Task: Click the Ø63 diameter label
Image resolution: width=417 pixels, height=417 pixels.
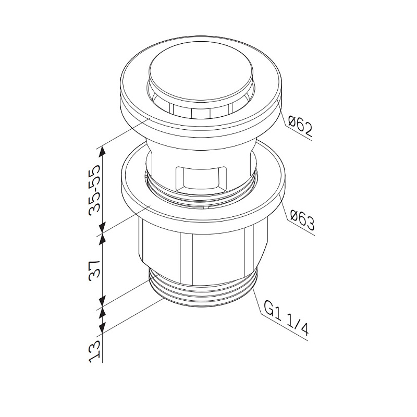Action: (x=302, y=220)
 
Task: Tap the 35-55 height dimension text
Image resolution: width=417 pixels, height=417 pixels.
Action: (x=95, y=189)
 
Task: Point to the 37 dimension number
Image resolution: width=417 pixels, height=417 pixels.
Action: (x=95, y=269)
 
